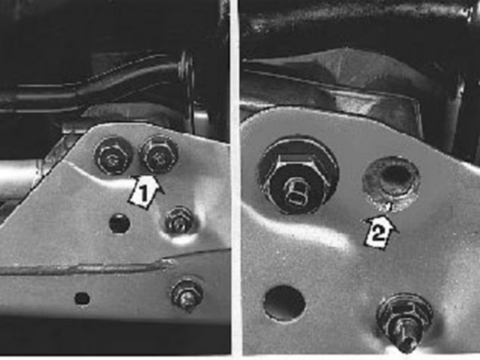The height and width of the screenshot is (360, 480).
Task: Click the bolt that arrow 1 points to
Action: (x=158, y=154)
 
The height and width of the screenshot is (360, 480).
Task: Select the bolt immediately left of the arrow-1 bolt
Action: (x=114, y=156)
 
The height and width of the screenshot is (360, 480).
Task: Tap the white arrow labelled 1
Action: (x=144, y=192)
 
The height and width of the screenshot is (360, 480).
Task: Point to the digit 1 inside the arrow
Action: (x=142, y=195)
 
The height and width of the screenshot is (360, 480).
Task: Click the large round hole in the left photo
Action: (x=120, y=224)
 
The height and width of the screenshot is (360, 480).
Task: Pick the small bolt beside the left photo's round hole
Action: (x=179, y=221)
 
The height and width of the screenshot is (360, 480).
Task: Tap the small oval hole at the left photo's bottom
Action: (x=82, y=299)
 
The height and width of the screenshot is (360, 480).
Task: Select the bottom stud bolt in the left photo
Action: (x=187, y=294)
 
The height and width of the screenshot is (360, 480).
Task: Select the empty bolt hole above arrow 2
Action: (x=391, y=184)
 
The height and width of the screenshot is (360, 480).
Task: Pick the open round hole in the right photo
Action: (x=284, y=303)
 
